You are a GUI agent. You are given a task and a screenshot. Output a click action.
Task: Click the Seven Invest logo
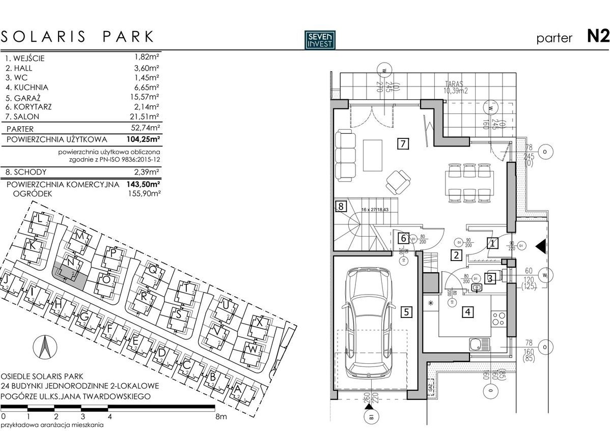[x=320, y=40]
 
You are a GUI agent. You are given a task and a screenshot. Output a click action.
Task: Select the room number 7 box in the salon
[x=403, y=144]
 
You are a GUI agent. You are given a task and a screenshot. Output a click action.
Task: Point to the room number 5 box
[x=406, y=312]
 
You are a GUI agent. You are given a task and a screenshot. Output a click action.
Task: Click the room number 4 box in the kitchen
[x=467, y=312]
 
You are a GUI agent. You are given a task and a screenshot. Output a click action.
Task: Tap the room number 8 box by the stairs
[x=341, y=207]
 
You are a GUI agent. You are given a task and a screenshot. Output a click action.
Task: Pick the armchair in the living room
[x=398, y=179]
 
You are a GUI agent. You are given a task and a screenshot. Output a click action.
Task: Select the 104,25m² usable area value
[x=144, y=139]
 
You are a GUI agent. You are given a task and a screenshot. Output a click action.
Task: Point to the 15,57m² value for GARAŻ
[x=144, y=97]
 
